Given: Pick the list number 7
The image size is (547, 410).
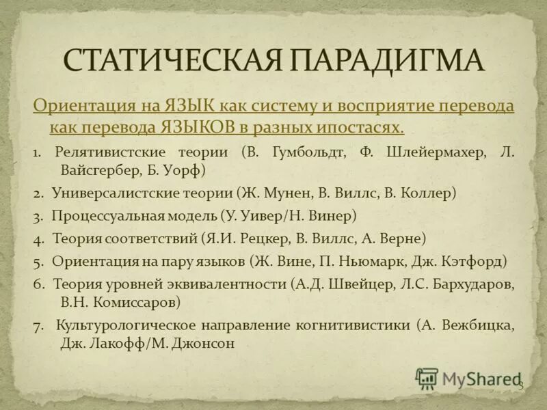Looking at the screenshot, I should click(x=37, y=325).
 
